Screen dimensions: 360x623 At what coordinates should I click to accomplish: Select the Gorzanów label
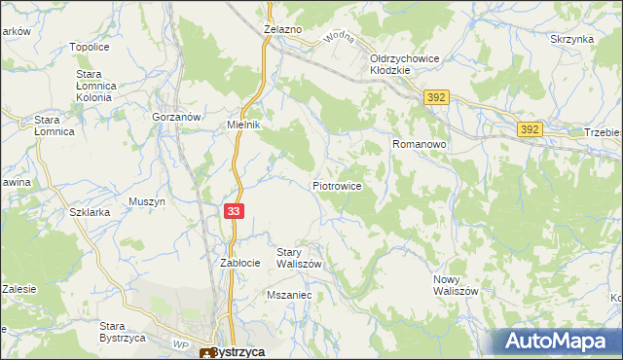pyautogui.click(x=176, y=116)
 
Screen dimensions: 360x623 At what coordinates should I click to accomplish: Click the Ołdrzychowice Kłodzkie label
pyautogui.click(x=405, y=65)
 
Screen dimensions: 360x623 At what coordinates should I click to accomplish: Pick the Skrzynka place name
pyautogui.click(x=571, y=39)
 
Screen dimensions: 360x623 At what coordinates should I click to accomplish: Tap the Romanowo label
pyautogui.click(x=419, y=144)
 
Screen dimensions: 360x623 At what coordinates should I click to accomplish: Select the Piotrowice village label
pyautogui.click(x=337, y=185)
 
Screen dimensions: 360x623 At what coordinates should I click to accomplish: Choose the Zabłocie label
pyautogui.click(x=239, y=263)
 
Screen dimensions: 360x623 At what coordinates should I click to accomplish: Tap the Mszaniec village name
pyautogui.click(x=287, y=293)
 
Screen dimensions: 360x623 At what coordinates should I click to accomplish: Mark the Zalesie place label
pyautogui.click(x=18, y=288)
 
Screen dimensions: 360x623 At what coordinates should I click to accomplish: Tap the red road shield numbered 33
pyautogui.click(x=233, y=211)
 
